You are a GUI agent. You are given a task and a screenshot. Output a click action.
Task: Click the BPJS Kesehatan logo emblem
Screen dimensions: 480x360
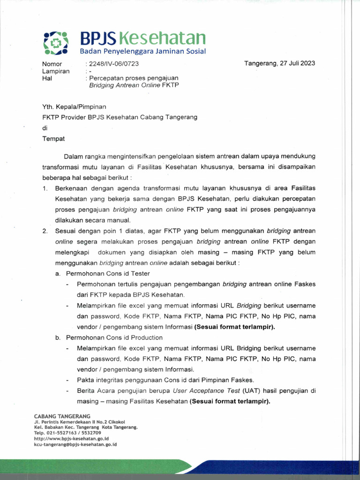56,43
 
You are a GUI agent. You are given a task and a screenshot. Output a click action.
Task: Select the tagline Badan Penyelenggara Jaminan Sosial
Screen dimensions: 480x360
142,51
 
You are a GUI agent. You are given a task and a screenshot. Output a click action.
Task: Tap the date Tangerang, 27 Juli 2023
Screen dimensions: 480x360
279,63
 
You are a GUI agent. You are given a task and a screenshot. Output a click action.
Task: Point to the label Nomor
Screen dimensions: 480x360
52,64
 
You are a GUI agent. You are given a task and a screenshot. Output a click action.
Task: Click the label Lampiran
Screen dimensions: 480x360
56,71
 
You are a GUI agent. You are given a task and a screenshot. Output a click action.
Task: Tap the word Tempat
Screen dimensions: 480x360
54,138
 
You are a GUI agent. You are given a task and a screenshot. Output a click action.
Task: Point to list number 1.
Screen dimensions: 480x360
45,188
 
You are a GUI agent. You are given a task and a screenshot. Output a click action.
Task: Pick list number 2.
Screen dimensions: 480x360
45,231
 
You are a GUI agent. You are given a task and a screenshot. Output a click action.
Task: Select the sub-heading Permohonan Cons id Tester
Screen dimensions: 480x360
108,273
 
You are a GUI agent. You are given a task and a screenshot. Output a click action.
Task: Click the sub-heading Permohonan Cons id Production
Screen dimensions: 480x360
114,337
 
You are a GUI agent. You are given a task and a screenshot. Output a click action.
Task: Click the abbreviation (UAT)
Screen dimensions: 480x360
251,390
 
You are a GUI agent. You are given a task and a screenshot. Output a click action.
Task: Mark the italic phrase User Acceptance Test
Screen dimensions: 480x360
206,390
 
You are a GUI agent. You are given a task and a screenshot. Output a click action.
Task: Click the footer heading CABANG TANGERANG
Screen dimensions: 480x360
62,416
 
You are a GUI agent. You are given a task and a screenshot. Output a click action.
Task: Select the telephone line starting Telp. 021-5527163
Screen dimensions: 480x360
64,433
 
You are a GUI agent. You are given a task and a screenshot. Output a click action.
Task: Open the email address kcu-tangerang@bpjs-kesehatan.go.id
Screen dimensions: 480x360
75,444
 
